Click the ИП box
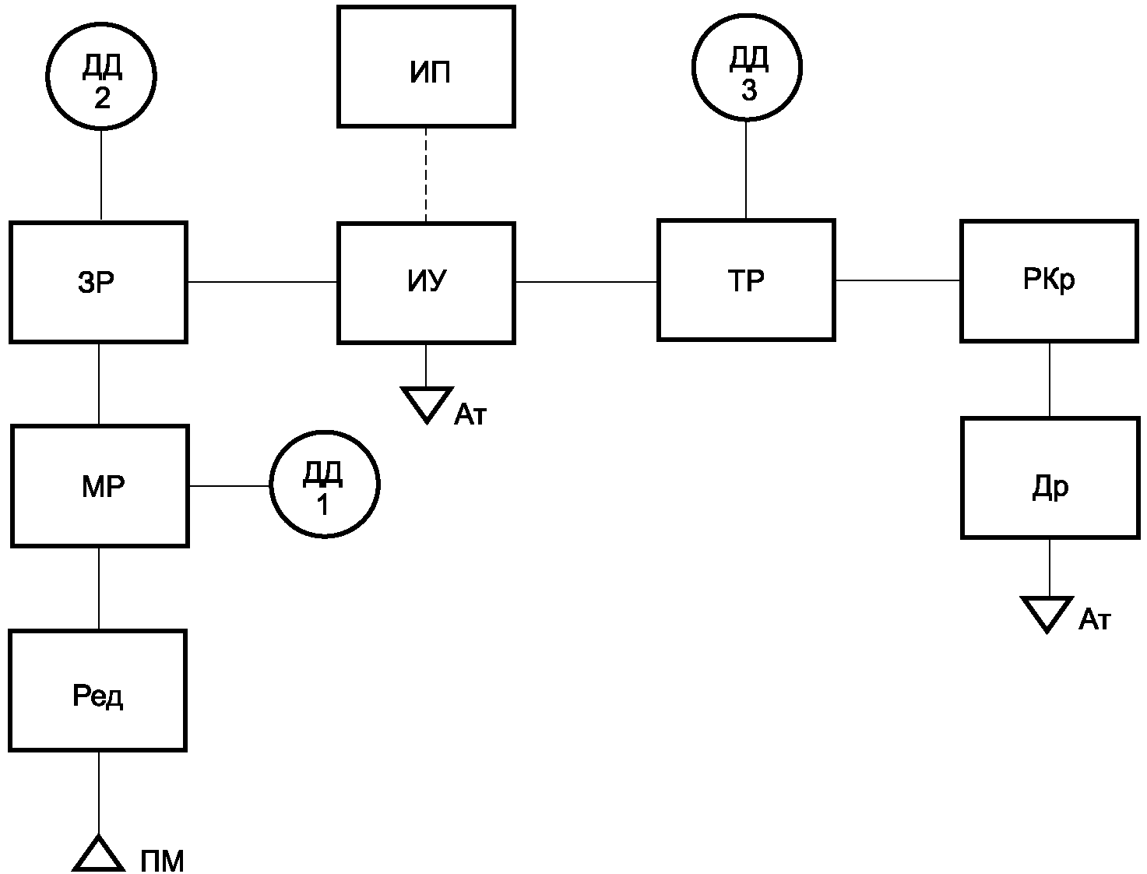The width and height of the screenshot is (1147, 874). pos(427,66)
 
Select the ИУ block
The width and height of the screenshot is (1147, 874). pos(427,284)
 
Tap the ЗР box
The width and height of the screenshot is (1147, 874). pos(98,282)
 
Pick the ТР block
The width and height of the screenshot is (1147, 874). pos(746,280)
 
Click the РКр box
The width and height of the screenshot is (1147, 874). pos(1050,281)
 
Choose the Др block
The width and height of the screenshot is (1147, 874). pos(1050,478)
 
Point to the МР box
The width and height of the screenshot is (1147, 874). pos(100,486)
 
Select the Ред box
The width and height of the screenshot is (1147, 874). pos(97,690)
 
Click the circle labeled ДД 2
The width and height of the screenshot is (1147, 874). pos(101,76)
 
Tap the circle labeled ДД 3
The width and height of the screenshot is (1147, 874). pos(748,68)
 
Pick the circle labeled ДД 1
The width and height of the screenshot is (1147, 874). pos(325,485)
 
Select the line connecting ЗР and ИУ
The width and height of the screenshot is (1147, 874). pos(262,282)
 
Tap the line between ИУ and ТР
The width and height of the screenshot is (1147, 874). pos(586,282)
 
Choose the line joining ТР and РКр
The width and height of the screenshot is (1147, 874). pos(898,280)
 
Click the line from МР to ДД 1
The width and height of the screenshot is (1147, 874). pos(229,486)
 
